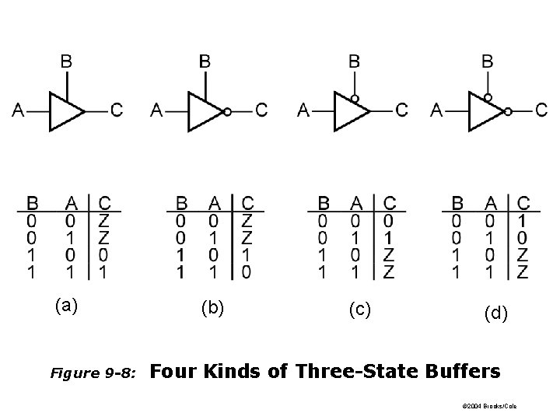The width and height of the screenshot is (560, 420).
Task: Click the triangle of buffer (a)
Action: click(x=65, y=110)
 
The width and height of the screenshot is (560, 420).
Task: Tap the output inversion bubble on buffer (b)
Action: click(x=227, y=111)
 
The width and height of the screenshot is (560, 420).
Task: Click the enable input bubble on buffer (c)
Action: click(x=354, y=99)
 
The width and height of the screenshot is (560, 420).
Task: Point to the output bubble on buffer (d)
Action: click(x=508, y=111)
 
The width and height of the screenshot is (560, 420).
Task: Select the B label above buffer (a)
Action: click(x=68, y=60)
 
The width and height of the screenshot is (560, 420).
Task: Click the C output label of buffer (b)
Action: click(x=261, y=110)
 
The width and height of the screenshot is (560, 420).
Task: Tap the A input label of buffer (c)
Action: click(x=303, y=110)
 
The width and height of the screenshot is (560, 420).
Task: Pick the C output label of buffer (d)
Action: click(x=541, y=110)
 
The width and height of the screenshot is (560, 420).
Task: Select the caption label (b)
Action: click(x=212, y=308)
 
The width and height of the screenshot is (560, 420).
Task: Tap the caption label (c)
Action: click(x=359, y=310)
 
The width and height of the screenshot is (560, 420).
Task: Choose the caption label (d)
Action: click(x=495, y=313)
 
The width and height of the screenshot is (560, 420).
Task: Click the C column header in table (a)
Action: click(x=105, y=203)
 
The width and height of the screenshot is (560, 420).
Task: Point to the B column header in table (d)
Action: click(x=457, y=203)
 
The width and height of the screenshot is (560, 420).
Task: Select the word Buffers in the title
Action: click(x=464, y=372)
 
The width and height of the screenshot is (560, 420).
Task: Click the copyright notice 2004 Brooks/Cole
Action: click(x=493, y=406)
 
